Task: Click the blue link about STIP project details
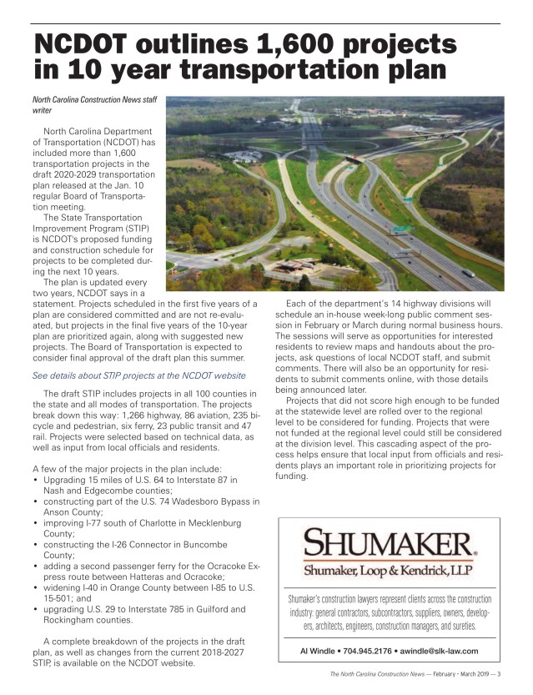138,375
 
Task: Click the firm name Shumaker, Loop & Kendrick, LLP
390,572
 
